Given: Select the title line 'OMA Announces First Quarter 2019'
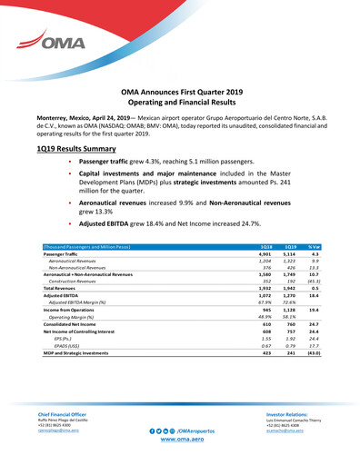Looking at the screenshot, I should (179, 93).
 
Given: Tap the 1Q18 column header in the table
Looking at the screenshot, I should (266, 246).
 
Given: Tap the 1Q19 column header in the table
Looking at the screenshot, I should (291, 246).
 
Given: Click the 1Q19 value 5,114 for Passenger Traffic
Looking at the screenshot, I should (291, 254).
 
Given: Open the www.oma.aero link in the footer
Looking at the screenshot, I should (179, 439).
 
